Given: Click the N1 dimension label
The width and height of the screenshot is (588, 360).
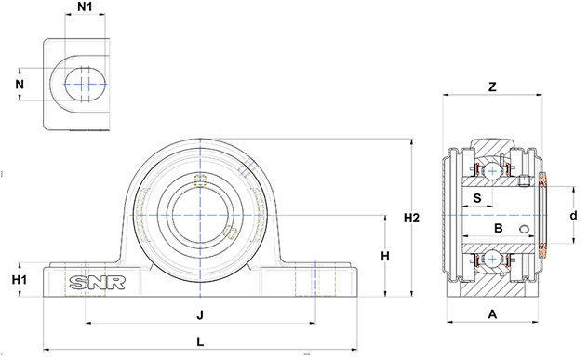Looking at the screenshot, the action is click(85, 7).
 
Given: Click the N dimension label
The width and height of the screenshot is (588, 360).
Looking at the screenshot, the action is click(20, 85).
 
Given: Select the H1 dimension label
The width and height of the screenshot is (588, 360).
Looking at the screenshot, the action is click(20, 280).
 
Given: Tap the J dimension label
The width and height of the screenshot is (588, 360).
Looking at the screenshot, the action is click(200, 315).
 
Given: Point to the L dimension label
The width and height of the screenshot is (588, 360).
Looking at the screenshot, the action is click(200, 341).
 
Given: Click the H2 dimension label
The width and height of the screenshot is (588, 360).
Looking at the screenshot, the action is click(411, 218).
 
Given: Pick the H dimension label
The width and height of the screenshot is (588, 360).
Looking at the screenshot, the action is click(385, 257).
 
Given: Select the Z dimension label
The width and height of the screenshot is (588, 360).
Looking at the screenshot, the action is click(492, 87).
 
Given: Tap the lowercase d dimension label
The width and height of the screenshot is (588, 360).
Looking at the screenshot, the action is click(573, 216).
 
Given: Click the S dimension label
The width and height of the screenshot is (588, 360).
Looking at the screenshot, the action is click(477, 197).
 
